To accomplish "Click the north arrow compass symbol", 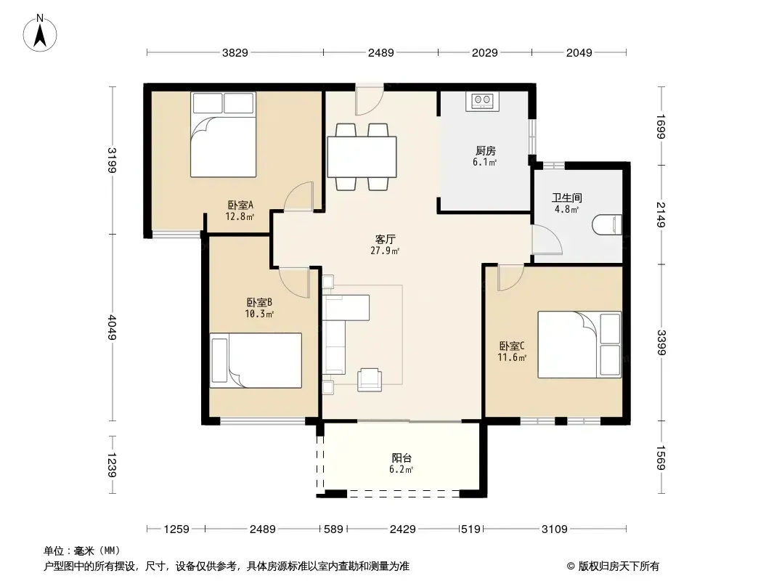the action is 40,33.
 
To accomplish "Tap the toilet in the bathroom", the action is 607,224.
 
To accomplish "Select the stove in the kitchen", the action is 482,101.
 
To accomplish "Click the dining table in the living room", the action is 362,156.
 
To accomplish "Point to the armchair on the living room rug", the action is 370,380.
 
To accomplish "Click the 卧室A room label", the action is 240,205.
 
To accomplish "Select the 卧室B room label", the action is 259,302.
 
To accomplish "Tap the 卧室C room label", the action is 512,346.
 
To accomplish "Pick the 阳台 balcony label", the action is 402,458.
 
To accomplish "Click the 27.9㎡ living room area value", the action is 385,251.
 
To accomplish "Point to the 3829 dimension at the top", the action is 235,52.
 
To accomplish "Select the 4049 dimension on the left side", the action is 112,328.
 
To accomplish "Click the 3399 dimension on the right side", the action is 661,343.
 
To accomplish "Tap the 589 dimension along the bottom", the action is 334,529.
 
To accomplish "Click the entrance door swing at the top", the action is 370,99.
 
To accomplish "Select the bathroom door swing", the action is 547,240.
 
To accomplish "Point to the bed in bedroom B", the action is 256,360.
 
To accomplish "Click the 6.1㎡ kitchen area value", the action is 485,163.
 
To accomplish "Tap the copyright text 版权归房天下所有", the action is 619,566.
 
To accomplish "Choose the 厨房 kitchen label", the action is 485,151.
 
